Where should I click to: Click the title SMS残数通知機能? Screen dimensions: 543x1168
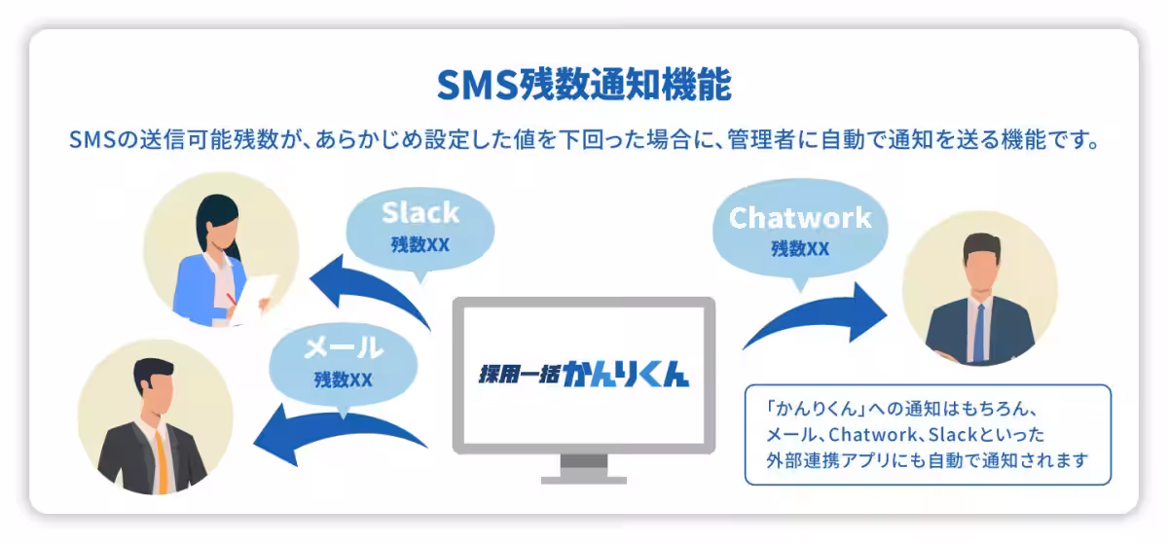[x=583, y=85]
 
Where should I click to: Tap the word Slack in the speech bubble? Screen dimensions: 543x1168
[x=420, y=212]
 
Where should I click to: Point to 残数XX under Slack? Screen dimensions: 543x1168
[x=420, y=244]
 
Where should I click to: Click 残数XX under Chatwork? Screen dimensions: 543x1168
[x=800, y=248]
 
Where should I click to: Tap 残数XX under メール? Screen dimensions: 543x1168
[x=344, y=379]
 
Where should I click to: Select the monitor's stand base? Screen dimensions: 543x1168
[x=583, y=478]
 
